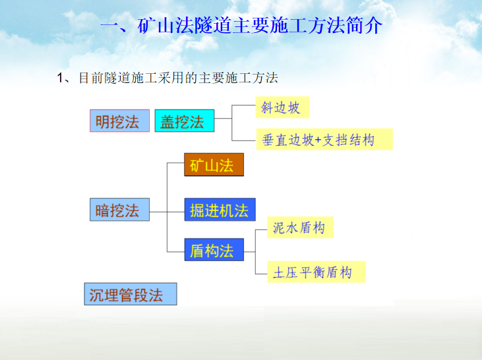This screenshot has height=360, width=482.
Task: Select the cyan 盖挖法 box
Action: click(184, 121)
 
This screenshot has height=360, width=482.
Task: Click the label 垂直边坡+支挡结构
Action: click(324, 139)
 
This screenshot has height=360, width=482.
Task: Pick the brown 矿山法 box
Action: click(214, 165)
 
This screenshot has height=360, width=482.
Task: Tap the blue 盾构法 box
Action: click(214, 250)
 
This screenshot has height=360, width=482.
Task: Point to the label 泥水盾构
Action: click(299, 228)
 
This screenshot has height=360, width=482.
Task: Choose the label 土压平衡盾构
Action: click(316, 272)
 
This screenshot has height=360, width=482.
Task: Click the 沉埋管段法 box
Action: click(131, 294)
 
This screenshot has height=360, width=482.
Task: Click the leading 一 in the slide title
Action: click(109, 26)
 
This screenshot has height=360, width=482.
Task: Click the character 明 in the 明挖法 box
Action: click(102, 121)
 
